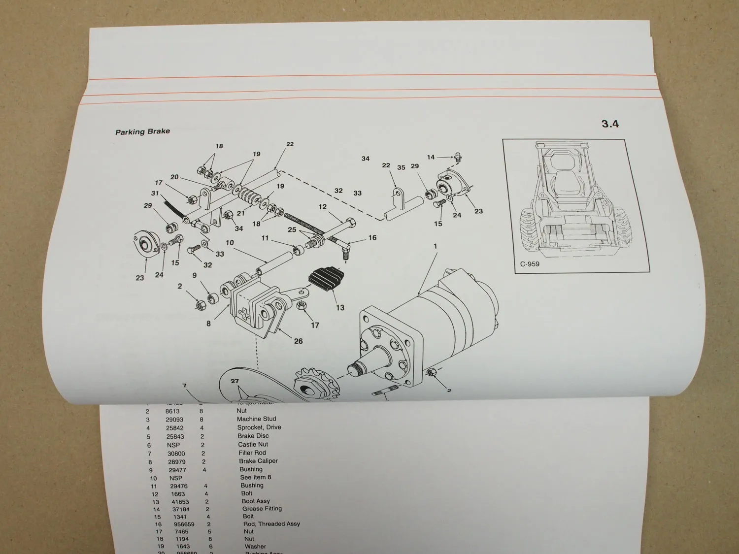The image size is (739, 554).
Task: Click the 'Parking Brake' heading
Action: tap(142, 131)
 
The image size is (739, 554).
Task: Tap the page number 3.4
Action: tap(610, 124)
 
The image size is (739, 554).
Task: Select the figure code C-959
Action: tap(530, 264)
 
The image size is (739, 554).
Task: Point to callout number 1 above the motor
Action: tap(435, 246)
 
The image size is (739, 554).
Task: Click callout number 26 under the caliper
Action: tap(298, 341)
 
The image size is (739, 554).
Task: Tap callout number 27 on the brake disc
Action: tap(235, 381)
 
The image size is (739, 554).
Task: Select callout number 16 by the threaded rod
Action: tap(372, 237)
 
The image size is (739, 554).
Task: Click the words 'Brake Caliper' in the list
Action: tap(258, 461)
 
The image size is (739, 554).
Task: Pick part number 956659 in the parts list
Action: tap(184, 524)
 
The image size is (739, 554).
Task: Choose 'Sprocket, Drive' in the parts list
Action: tap(259, 427)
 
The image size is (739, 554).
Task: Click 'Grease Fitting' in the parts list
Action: tap(262, 509)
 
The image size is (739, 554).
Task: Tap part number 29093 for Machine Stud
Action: tap(174, 419)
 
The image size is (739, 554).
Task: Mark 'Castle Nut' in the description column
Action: tap(253, 444)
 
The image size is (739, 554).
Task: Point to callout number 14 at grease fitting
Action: tap(431, 157)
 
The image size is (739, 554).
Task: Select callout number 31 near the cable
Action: tap(155, 193)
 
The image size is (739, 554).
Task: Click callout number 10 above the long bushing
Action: tap(230, 242)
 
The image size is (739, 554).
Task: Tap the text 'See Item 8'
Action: tap(255, 477)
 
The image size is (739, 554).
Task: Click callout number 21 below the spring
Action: tap(240, 213)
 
